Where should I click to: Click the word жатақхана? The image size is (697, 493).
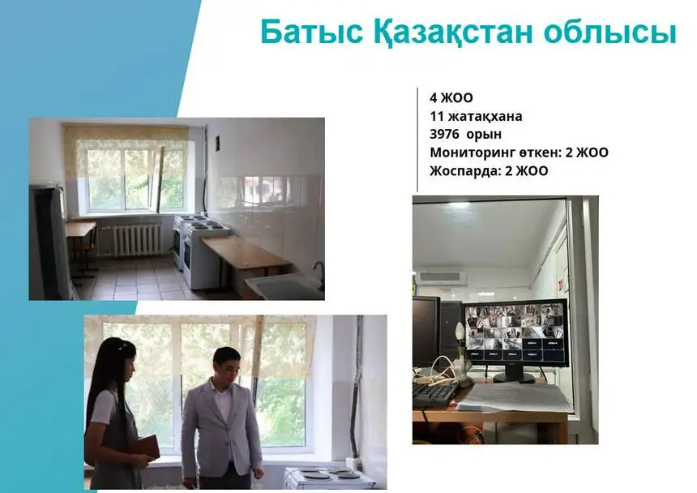pos(485,117)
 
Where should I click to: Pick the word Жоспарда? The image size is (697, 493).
pos(464,171)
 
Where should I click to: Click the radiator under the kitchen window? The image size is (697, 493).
pos(137,240)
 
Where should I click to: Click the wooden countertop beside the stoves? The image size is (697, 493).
pos(246,252)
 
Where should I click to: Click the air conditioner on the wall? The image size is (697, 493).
pos(441,278)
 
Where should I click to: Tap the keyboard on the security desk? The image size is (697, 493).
pos(434,394)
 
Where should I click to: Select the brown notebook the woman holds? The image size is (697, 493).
pos(147,447)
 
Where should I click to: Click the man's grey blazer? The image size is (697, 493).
pos(220,425)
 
